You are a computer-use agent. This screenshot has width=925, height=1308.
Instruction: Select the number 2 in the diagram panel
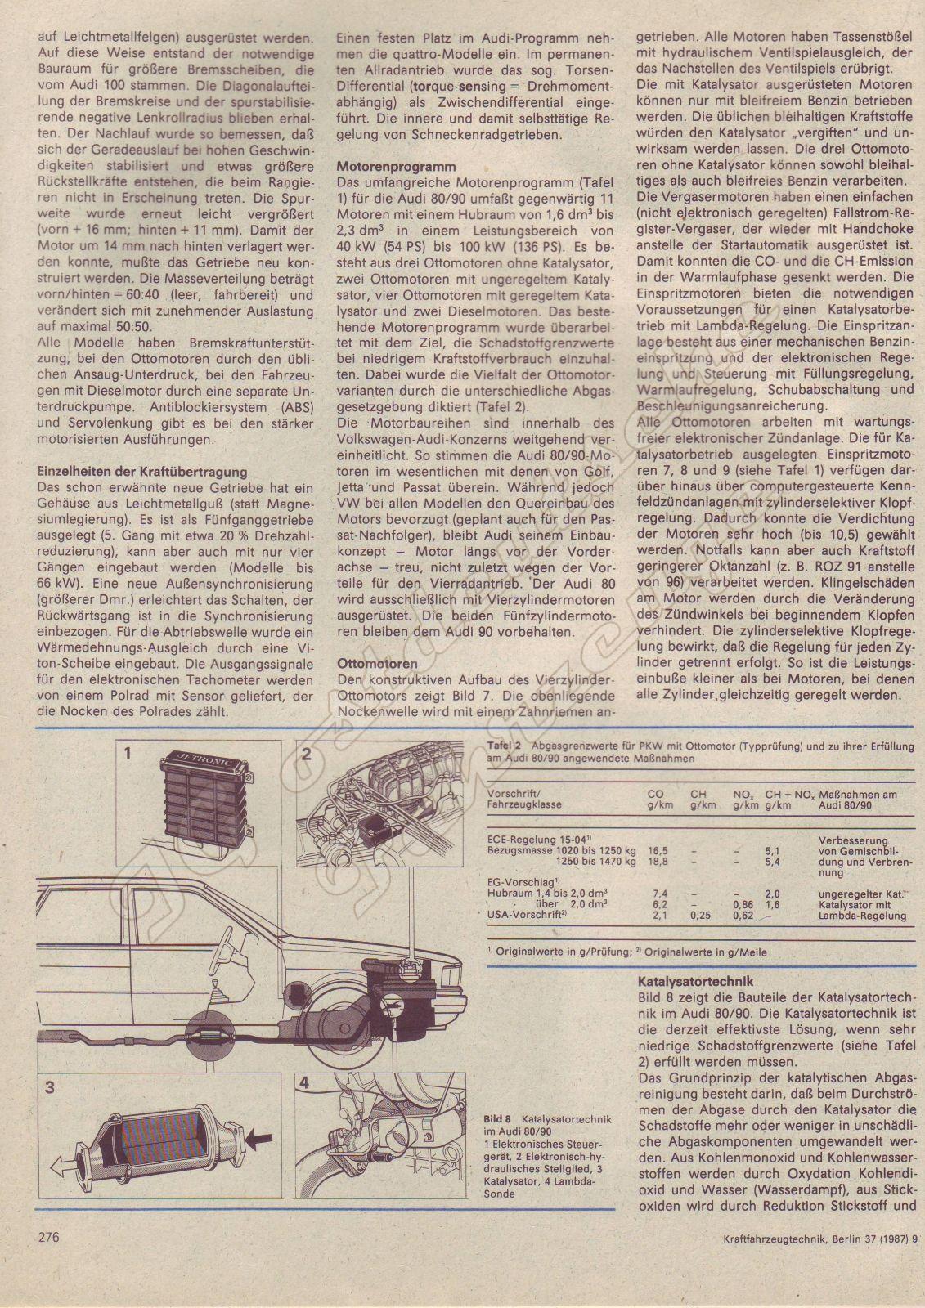click(x=306, y=754)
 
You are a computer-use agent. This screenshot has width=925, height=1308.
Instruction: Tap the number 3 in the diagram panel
click(x=50, y=1086)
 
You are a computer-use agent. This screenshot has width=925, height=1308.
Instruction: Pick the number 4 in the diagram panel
click(x=304, y=1083)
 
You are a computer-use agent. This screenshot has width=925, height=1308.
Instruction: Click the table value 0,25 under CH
click(x=699, y=916)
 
